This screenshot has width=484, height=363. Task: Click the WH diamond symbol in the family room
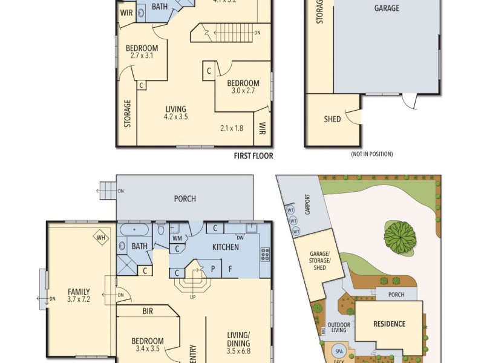coord(100,237)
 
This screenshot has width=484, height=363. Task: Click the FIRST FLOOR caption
coord(253,156)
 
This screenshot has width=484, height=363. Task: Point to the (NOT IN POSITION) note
coord(371,154)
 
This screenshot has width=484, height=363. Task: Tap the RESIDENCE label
coord(388,324)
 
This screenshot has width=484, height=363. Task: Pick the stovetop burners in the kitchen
coord(264,254)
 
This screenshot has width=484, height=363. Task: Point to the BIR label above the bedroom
coord(147,312)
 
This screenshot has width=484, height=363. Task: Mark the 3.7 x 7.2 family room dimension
coord(78,299)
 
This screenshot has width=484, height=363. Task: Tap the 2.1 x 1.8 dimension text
coord(231,128)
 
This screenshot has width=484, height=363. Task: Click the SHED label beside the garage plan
coord(333,119)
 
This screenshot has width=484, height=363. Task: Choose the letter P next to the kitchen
coord(213,267)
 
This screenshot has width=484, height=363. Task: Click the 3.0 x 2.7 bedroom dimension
coord(243,91)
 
